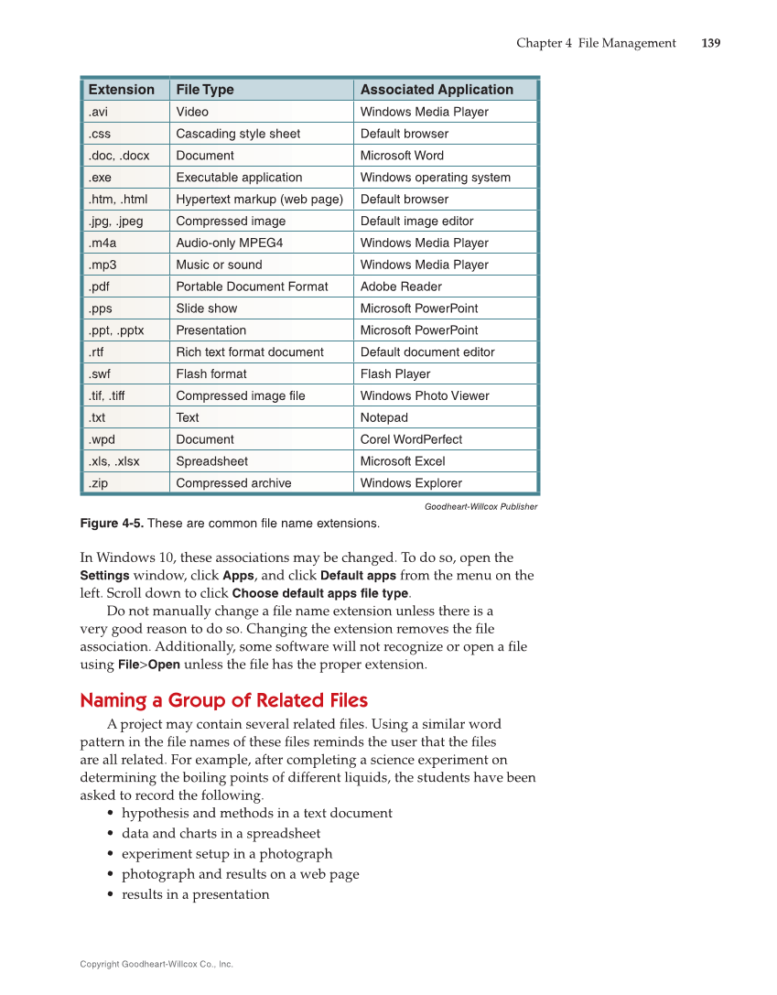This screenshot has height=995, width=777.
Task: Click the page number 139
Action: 711,43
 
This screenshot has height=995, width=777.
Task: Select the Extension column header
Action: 121,90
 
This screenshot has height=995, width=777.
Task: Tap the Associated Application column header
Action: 437,90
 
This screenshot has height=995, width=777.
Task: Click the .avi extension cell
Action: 98,112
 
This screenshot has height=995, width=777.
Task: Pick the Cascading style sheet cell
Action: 238,134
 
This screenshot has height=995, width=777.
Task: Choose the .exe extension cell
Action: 101,178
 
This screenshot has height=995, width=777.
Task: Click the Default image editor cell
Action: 416,221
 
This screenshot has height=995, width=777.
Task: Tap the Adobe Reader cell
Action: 401,287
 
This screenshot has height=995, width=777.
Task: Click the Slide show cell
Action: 207,308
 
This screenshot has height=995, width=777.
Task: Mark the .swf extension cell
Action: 101,373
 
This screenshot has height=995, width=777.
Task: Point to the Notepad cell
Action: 384,417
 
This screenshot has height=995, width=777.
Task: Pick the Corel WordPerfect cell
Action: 411,439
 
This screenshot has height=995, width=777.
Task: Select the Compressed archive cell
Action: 233,483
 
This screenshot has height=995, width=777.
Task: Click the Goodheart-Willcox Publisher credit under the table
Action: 480,506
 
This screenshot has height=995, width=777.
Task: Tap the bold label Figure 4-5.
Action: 112,524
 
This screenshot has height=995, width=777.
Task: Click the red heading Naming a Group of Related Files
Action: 224,700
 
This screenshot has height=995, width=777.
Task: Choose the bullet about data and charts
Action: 221,833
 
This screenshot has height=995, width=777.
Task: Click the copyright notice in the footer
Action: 156,964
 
